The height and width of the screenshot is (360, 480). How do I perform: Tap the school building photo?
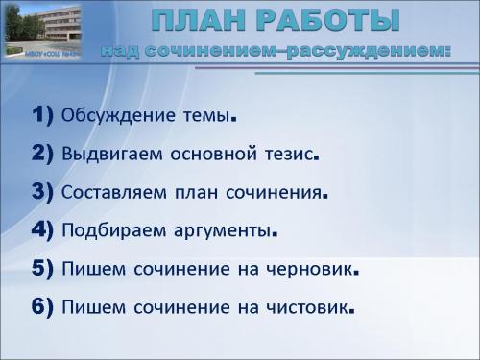click(44, 29)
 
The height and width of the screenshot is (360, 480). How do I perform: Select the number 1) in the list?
click(42, 116)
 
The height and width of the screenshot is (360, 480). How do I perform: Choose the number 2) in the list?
click(42, 154)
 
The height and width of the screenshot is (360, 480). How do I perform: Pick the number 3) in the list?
click(42, 191)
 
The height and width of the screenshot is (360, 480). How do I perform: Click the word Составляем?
click(113, 192)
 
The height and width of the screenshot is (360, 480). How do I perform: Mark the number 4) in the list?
click(42, 229)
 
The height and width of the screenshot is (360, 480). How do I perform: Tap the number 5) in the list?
click(42, 269)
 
